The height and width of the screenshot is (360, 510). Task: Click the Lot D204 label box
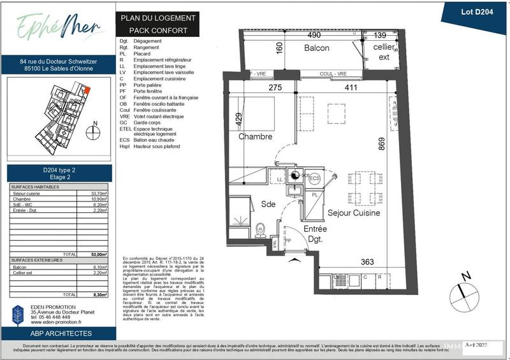[x=472, y=11]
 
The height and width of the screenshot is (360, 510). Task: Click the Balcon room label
[x=316, y=48]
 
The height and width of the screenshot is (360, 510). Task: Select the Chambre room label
[x=256, y=136]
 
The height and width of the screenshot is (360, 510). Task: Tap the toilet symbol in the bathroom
[x=260, y=230]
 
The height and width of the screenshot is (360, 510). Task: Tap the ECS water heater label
[x=314, y=179]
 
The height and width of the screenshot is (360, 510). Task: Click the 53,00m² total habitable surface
[x=99, y=254]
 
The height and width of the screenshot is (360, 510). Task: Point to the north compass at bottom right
[x=463, y=291]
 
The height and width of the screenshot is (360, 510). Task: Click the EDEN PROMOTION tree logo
[x=18, y=315]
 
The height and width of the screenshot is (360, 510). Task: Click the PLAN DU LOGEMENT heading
[x=158, y=18]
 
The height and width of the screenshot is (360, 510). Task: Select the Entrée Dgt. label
[x=315, y=234]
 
